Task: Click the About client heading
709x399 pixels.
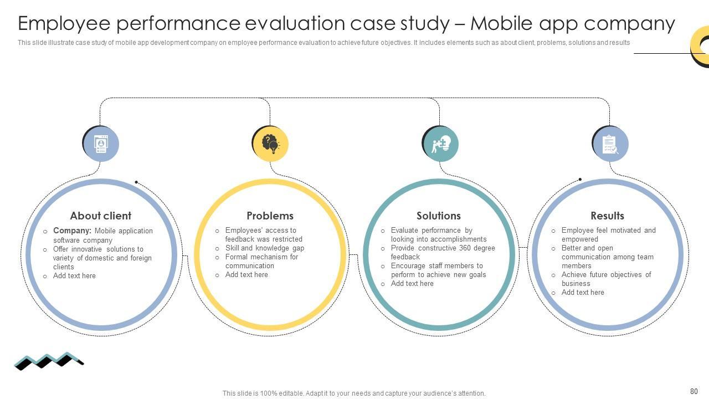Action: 100,216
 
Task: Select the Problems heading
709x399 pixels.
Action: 270,216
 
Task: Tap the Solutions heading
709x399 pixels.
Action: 438,216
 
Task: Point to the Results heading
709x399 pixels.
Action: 607,216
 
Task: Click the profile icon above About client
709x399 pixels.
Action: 101,144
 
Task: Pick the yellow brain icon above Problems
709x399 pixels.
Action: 270,144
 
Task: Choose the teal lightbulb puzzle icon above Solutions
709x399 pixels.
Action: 440,144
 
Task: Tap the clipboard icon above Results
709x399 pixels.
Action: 610,144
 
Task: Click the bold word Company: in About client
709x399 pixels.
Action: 72,231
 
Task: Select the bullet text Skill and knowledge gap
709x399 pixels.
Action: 264,248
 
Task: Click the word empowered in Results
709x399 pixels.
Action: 579,239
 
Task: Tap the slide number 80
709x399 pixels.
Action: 694,391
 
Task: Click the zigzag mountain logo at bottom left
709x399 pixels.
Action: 48,361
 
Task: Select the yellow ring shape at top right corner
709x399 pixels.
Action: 701,47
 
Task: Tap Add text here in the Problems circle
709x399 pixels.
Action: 246,275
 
